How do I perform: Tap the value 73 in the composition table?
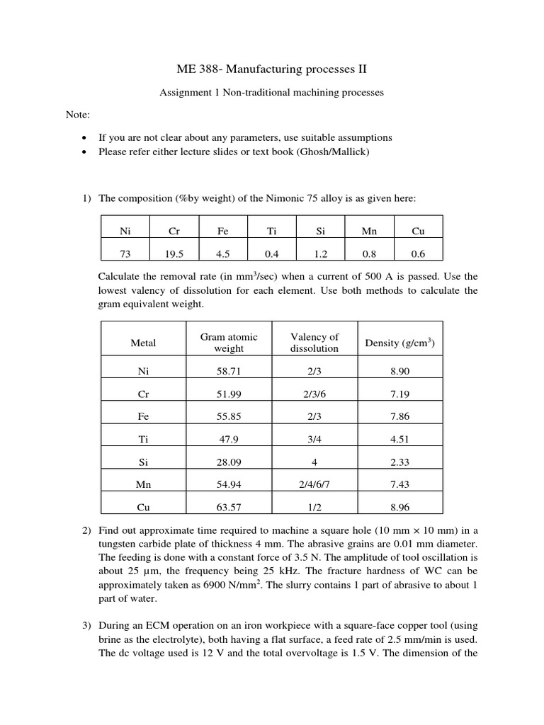coord(125,253)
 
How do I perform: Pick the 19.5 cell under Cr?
coord(174,253)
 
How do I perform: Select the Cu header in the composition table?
coord(418,231)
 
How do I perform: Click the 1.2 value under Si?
coord(320,253)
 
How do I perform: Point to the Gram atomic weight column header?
coord(228,343)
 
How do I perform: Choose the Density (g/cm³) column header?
coord(399,343)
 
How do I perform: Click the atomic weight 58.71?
coord(228,371)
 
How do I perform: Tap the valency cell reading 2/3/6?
coord(314,394)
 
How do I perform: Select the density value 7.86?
coord(399,417)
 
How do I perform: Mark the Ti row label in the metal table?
coord(143,440)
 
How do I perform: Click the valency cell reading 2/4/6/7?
coord(314,485)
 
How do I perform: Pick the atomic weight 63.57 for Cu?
coord(228,508)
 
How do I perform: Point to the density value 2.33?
coord(399,462)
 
